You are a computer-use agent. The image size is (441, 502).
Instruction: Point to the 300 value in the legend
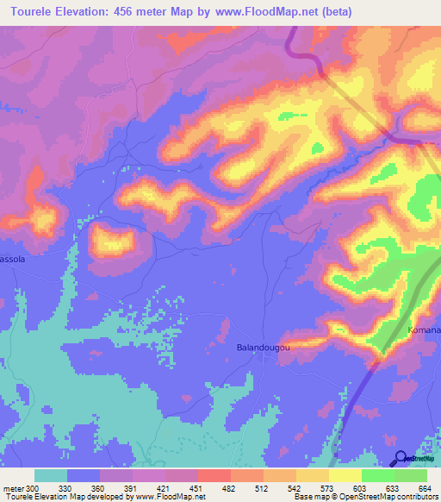coord(34,487)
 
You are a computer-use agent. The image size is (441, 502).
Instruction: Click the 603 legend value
coord(362,487)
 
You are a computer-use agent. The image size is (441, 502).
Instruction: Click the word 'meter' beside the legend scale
coord(13,487)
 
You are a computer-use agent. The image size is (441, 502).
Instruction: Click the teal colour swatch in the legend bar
coord(51,475)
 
